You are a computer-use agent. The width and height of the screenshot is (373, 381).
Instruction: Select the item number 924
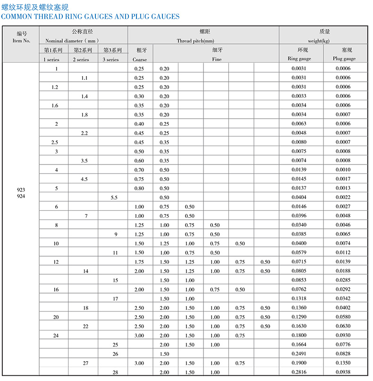(21, 195)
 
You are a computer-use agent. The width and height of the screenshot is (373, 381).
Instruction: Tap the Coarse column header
(139, 60)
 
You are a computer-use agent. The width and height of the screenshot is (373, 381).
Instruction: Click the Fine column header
(216, 60)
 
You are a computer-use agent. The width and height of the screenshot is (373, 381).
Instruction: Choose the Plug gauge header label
(345, 59)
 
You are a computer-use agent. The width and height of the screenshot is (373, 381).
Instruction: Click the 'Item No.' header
(21, 41)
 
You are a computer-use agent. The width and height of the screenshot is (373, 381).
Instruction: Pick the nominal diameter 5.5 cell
(114, 198)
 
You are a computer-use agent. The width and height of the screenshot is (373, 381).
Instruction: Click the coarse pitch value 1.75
(139, 262)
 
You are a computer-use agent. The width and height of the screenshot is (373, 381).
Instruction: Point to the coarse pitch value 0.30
(139, 96)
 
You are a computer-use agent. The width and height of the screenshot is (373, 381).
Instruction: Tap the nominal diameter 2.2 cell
(84, 133)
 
